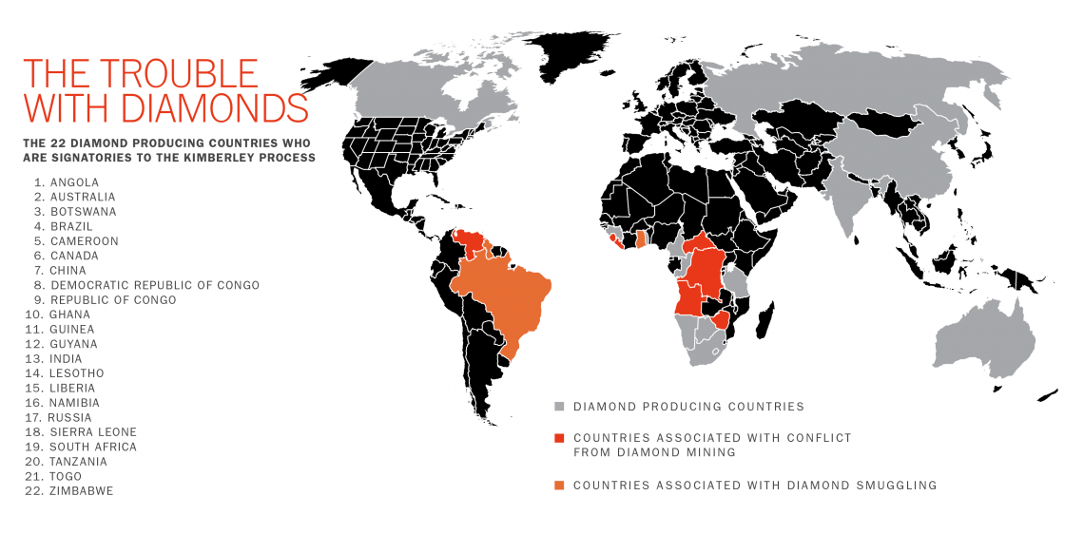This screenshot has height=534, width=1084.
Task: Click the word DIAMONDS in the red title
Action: pos(203,107)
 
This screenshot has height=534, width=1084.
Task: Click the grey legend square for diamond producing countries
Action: pos(559,407)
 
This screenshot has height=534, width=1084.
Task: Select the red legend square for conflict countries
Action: pos(559,438)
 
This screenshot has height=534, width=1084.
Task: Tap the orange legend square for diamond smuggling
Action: pos(559,486)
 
